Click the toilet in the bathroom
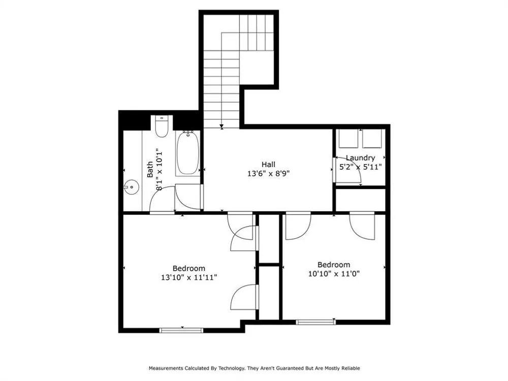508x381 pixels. pyautogui.click(x=162, y=126)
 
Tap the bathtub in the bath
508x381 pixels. pyautogui.click(x=187, y=153)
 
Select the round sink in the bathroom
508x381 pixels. pyautogui.click(x=132, y=187)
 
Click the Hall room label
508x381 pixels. pyautogui.click(x=268, y=165)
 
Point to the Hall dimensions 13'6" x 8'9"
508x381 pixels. pyautogui.click(x=268, y=174)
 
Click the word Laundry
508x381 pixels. pyautogui.click(x=360, y=158)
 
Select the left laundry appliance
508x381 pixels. pyautogui.click(x=348, y=138)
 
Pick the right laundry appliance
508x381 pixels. pyautogui.click(x=372, y=138)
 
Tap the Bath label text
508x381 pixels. pyautogui.click(x=150, y=170)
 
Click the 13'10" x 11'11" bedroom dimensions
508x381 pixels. pyautogui.click(x=189, y=278)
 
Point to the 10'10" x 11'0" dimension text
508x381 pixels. pyautogui.click(x=334, y=274)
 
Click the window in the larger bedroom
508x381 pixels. pyautogui.click(x=181, y=331)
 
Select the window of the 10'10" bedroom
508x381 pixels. pyautogui.click(x=316, y=322)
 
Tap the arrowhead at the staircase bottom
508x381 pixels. pyautogui.click(x=221, y=126)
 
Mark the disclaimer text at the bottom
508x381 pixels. pyautogui.click(x=255, y=368)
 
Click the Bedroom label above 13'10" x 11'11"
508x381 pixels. pyautogui.click(x=189, y=268)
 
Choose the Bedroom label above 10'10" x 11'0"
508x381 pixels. pyautogui.click(x=334, y=264)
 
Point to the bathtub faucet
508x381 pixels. pyautogui.click(x=187, y=133)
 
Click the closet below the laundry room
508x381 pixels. pyautogui.click(x=360, y=200)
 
